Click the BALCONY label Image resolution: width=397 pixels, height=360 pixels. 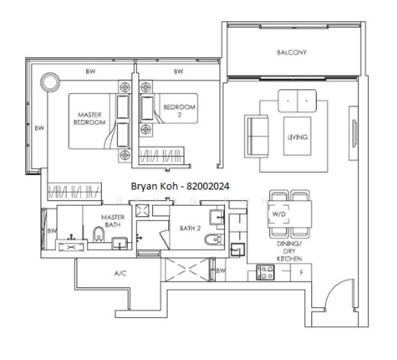[292, 52]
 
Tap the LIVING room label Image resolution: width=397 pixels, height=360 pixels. [297, 137]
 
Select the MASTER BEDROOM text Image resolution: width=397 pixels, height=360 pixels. [89, 118]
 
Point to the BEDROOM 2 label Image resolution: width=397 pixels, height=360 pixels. [179, 111]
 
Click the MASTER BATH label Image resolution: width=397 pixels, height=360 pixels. [113, 221]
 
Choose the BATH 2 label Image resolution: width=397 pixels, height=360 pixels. [190, 228]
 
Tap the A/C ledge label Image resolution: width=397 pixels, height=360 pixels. [120, 273]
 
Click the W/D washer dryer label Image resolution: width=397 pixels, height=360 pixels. [279, 214]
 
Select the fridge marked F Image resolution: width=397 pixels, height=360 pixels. [302, 272]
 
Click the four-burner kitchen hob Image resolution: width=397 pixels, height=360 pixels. [265, 272]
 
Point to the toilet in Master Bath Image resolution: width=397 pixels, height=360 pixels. [98, 234]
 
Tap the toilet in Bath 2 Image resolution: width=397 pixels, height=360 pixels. [214, 239]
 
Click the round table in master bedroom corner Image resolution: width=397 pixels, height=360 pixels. [50, 82]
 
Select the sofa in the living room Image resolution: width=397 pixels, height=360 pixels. [256, 136]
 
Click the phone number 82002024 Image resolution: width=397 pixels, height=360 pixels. [208, 187]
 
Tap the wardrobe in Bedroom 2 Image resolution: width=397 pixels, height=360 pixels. [162, 155]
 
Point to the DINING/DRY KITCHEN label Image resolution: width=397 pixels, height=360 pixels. [289, 251]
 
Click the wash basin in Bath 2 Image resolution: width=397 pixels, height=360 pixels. [217, 217]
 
